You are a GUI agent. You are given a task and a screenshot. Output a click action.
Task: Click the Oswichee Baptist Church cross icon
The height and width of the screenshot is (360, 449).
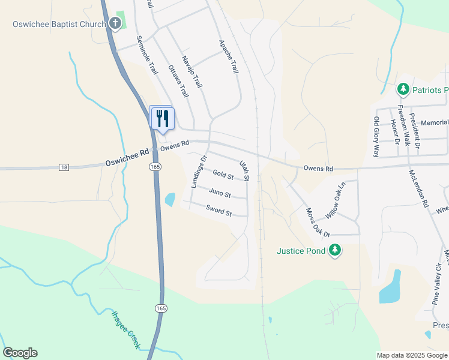tap(115, 24)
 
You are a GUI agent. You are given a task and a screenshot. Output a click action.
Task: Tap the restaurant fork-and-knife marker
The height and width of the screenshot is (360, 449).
tap(162, 117)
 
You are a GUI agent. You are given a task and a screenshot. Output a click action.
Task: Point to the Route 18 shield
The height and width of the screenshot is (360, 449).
tap(64, 167)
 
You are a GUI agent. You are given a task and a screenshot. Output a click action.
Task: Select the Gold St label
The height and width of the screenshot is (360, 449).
tap(223, 175)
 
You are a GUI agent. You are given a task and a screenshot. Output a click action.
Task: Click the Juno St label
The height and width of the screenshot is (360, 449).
tap(220, 193)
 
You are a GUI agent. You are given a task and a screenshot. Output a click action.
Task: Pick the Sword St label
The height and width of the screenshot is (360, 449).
tap(218, 211)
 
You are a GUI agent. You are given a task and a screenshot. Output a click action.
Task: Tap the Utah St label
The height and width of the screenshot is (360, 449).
tap(244, 170)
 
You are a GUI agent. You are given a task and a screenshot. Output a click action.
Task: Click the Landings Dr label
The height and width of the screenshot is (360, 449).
tap(198, 172)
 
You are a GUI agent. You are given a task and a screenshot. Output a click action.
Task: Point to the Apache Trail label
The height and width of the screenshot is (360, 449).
tap(229, 57)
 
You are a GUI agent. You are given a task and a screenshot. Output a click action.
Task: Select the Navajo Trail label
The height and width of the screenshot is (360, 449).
tap(193, 71)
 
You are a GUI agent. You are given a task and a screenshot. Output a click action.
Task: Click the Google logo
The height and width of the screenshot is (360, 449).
tap(20, 353)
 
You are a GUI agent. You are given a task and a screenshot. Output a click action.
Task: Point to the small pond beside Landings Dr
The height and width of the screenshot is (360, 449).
tap(170, 200)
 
